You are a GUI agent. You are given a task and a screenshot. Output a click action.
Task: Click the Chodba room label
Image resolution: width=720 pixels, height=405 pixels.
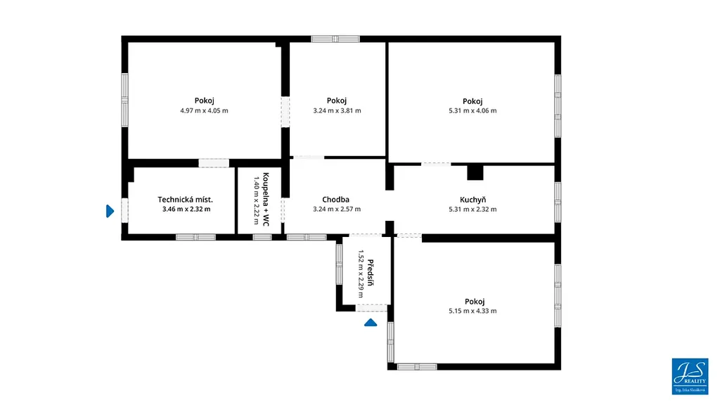(x=335, y=200)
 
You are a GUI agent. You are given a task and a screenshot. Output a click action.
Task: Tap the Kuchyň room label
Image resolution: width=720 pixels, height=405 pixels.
(x=473, y=200)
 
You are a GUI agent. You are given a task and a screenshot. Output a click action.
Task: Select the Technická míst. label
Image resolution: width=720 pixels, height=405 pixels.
(x=186, y=200)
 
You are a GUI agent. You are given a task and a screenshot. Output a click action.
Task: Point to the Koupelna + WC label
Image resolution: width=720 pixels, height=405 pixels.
(x=266, y=199)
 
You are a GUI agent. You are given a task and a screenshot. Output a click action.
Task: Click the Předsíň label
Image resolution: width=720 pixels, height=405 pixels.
(x=371, y=273)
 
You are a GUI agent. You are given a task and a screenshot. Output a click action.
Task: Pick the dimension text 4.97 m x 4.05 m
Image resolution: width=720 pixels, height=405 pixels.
(x=205, y=110)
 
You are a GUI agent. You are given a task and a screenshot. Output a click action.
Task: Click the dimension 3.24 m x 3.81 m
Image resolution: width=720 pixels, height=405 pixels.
(x=337, y=110)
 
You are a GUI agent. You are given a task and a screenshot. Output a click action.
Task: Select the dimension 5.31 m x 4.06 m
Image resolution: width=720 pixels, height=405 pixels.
(x=472, y=110)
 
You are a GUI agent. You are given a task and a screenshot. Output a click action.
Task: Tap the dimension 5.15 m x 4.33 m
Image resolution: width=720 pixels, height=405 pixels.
(x=472, y=311)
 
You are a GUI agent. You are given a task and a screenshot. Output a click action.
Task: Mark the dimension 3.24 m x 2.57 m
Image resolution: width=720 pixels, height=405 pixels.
(x=337, y=210)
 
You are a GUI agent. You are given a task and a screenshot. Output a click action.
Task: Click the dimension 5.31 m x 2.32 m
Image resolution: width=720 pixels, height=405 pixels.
(x=472, y=210)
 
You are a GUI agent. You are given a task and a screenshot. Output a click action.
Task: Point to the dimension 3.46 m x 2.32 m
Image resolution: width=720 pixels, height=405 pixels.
(x=186, y=210)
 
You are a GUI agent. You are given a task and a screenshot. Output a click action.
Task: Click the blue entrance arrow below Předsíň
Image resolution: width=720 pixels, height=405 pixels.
(x=371, y=323)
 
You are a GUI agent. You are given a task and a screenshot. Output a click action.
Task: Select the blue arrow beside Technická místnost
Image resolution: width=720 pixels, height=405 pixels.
(x=110, y=211)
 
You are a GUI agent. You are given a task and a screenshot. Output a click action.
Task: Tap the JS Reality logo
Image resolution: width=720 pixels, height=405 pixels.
(x=690, y=377)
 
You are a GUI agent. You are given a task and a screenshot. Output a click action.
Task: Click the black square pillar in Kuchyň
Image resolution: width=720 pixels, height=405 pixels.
(x=475, y=173)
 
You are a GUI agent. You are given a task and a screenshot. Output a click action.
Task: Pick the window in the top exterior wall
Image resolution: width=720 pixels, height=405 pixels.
(x=335, y=39)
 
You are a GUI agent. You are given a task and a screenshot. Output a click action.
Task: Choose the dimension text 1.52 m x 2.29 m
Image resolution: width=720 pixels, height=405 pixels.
(x=361, y=274)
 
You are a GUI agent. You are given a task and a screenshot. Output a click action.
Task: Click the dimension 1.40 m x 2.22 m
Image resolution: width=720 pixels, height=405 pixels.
(x=257, y=200)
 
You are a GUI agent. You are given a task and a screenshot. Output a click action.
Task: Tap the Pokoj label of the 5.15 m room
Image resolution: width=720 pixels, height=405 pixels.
(x=475, y=302)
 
